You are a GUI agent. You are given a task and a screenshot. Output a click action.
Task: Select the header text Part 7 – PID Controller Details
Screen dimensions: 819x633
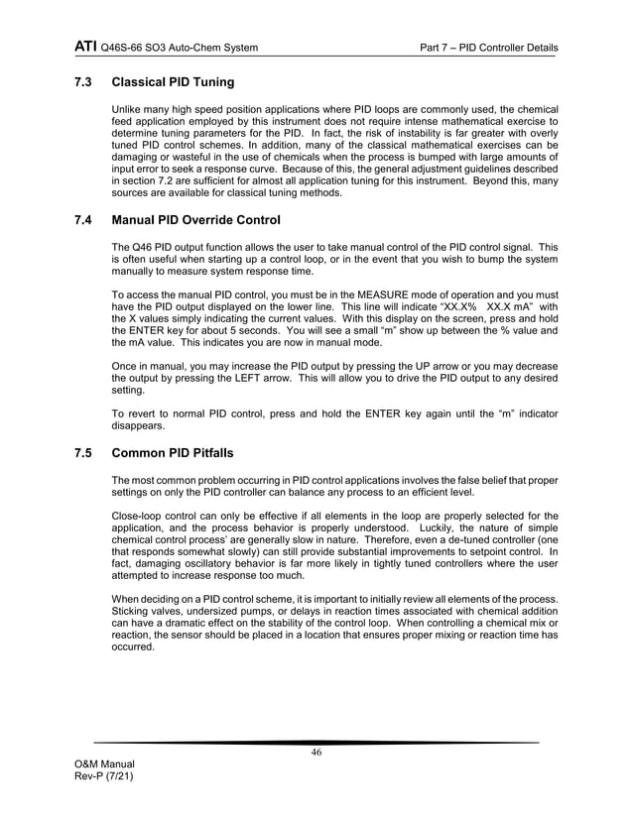(488, 48)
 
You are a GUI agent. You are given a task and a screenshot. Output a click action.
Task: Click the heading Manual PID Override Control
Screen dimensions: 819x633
(196, 219)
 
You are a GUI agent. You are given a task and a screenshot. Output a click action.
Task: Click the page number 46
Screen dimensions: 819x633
(316, 753)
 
